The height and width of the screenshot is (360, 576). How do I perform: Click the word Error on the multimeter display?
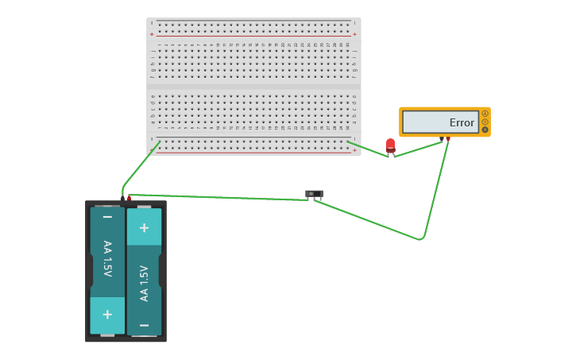462,122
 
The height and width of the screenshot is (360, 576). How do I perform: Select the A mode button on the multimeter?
485,114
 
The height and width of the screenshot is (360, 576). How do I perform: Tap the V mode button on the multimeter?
485,122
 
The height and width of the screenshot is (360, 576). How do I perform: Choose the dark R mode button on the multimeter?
485,130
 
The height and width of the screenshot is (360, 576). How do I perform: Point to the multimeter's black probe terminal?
442,138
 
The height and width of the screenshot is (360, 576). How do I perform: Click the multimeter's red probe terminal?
448,139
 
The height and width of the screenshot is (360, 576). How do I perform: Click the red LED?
390,145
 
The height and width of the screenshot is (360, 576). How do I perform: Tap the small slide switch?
314,193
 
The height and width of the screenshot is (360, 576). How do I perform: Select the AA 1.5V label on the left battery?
107,257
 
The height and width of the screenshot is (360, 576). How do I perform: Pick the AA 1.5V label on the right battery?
144,283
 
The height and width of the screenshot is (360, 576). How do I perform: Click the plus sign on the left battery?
107,314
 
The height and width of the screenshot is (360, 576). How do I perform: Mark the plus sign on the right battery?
144,227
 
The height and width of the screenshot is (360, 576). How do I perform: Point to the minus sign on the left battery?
107,216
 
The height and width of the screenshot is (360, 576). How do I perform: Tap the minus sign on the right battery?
144,325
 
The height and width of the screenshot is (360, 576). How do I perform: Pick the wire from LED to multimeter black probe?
417,148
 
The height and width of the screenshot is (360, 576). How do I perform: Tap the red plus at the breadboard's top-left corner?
153,34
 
